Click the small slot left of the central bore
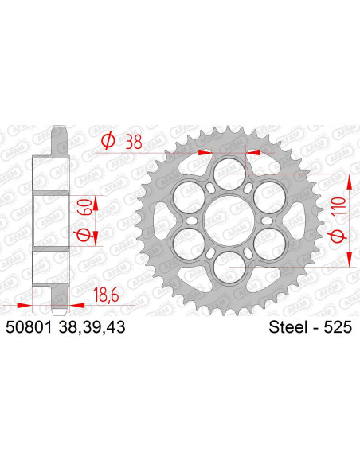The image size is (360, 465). click(x=194, y=217)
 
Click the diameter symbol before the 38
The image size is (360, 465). click(x=104, y=142)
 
